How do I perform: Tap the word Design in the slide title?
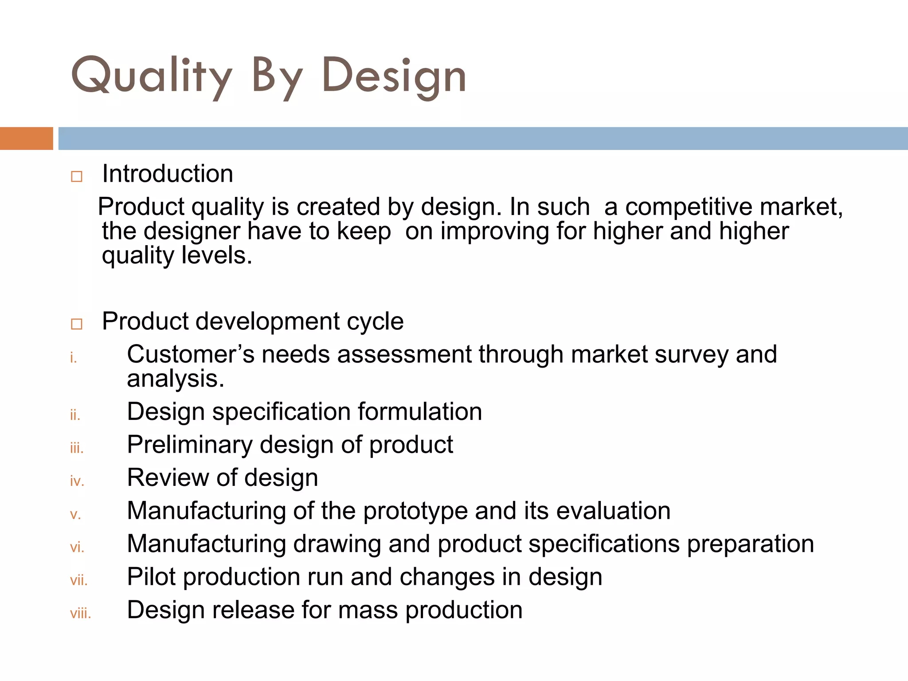coord(394,76)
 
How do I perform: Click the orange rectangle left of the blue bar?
coord(26,138)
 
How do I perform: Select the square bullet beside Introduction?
coord(77,176)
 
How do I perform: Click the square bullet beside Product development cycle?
coord(77,324)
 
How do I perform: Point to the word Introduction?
coord(168,173)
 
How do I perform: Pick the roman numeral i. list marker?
coord(74,358)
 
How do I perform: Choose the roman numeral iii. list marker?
coord(77,448)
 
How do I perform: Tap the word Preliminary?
coord(189,445)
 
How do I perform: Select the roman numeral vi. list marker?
coord(77,548)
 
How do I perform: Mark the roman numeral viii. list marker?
coord(80,614)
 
